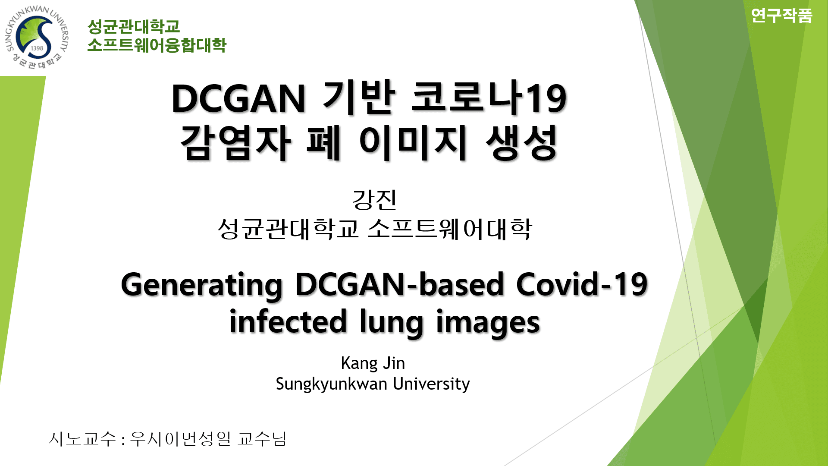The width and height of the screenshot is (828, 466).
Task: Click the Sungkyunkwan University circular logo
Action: [x=37, y=38]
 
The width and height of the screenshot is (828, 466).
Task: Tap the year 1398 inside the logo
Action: [x=37, y=48]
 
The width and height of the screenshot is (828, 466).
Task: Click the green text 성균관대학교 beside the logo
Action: [x=133, y=27]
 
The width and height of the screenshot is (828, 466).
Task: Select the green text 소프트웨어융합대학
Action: [x=157, y=45]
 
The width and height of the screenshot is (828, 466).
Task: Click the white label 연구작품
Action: [x=781, y=16]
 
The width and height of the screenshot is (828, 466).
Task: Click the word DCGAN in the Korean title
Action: [x=238, y=98]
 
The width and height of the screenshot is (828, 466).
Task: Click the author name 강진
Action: [x=374, y=200]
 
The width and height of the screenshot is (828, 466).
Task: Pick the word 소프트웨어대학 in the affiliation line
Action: [x=450, y=229]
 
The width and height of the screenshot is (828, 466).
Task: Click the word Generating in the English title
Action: [x=202, y=285]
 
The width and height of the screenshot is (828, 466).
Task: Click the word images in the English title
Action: [x=488, y=322]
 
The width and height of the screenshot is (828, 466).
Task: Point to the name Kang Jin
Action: [x=373, y=363]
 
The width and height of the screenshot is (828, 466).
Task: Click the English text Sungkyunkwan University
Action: [x=373, y=384]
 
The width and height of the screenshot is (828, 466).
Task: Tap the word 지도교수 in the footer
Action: [x=82, y=439]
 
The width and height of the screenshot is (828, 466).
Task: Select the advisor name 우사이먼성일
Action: [x=180, y=439]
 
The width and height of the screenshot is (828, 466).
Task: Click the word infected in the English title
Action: [x=288, y=322]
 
